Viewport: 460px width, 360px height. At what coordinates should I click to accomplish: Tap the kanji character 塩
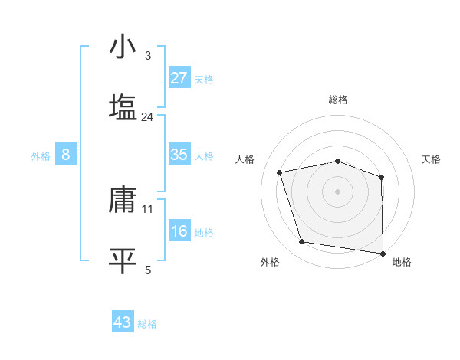coord(123,106)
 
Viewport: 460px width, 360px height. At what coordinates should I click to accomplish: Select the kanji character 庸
coord(123,198)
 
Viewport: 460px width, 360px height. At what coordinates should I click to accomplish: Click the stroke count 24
coord(148,117)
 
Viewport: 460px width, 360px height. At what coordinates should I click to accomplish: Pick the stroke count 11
coord(148,208)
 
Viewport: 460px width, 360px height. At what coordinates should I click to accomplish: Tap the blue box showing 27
coord(179,78)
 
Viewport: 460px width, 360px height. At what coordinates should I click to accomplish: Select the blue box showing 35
coord(179,155)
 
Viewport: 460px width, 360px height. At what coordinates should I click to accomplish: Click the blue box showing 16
coord(179,231)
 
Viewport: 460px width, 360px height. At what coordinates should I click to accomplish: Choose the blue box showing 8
coord(66,155)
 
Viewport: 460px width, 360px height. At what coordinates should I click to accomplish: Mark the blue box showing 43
coord(123,322)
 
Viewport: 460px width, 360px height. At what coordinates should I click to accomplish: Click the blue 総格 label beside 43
coord(147,324)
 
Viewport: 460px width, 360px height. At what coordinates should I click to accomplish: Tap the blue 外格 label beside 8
coord(41,156)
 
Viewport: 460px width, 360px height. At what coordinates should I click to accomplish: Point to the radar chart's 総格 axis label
coord(338,100)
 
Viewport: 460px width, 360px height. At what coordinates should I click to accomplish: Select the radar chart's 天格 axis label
coord(432,159)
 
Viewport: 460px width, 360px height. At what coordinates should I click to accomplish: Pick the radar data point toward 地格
coord(383,253)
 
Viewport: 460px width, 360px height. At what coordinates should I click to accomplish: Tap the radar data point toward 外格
coord(302,242)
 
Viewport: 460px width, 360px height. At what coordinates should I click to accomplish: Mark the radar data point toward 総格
coord(338,161)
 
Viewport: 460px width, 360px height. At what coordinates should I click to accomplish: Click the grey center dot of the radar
coord(338,191)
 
